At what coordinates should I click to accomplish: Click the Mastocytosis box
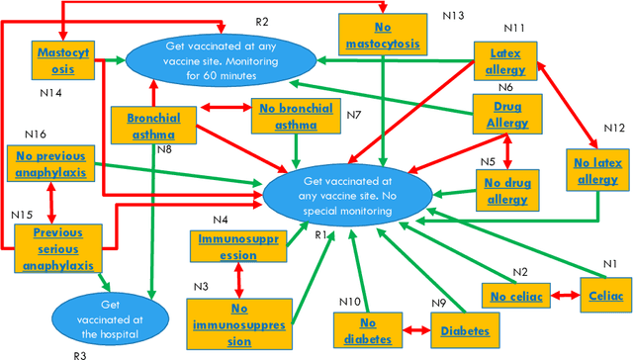click(x=63, y=61)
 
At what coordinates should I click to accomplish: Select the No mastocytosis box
click(x=383, y=36)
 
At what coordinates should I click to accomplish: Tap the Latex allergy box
click(x=505, y=61)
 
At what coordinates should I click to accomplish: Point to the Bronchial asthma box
click(x=151, y=126)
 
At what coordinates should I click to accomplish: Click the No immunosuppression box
click(x=238, y=322)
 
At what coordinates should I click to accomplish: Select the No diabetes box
click(x=367, y=331)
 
